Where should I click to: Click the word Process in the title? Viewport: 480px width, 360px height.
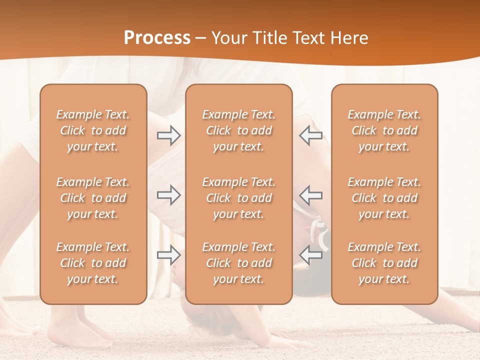point(157,38)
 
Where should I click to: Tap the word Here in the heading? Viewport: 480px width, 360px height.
point(349,38)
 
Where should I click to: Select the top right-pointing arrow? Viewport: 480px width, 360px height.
point(168,135)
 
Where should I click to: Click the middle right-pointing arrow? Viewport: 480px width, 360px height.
point(168,195)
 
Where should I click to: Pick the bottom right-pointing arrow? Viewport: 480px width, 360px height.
point(168,255)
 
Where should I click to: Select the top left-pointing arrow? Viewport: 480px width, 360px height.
point(311,135)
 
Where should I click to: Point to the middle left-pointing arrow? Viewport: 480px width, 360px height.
point(311,195)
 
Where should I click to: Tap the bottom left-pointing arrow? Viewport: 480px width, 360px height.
point(311,255)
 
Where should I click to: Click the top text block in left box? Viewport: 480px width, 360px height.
point(93,130)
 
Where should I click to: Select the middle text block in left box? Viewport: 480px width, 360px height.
point(93,198)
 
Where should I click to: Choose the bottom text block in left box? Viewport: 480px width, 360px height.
point(93,263)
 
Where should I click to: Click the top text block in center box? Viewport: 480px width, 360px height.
point(239,130)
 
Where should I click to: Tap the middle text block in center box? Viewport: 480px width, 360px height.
point(239,198)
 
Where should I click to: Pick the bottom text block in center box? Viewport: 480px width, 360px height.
point(239,263)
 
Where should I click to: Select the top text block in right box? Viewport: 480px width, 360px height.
point(384,130)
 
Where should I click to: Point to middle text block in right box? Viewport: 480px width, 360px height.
point(384,198)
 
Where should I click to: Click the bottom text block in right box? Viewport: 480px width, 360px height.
point(384,263)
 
